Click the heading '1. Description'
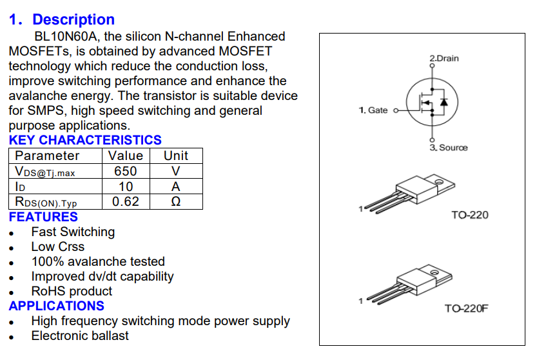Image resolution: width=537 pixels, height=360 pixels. (x=62, y=20)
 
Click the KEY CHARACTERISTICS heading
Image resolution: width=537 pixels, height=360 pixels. (x=85, y=140)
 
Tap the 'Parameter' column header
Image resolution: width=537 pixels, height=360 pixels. (x=47, y=155)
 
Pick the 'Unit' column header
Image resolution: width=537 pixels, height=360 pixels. (x=176, y=155)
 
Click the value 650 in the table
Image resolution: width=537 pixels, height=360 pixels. (x=126, y=171)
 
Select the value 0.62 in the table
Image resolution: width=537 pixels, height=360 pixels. (x=126, y=202)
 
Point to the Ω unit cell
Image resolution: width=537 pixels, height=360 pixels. (x=176, y=202)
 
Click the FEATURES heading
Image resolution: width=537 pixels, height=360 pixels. (x=43, y=217)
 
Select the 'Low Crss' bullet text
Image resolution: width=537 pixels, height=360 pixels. (x=58, y=246)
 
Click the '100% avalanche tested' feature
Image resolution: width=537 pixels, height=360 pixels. (x=98, y=261)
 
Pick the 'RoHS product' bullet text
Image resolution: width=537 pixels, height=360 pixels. (x=72, y=291)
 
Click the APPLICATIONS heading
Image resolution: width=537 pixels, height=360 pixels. (x=57, y=306)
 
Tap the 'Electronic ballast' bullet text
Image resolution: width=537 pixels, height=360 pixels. (x=80, y=335)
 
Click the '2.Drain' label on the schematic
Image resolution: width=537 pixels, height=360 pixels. (x=444, y=59)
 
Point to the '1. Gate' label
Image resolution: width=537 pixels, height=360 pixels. (x=373, y=110)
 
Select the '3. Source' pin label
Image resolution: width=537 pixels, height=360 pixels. (x=449, y=148)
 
